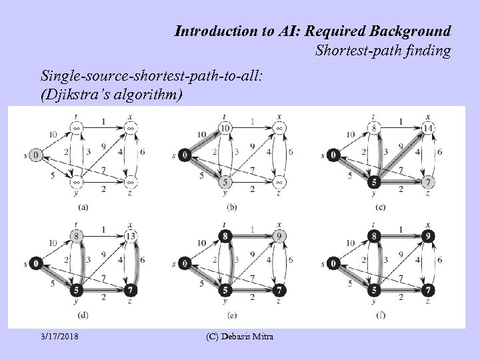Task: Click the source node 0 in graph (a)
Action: (35, 155)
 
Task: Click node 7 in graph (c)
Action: (428, 182)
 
